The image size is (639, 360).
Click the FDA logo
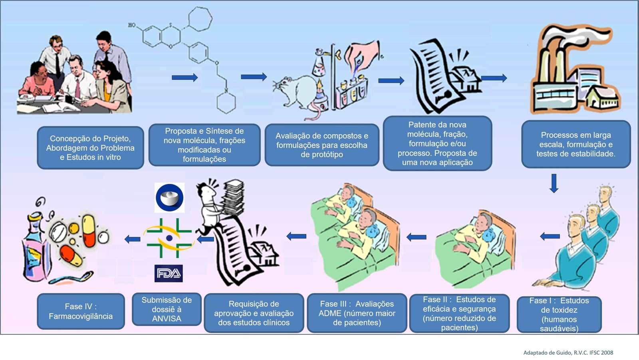169,273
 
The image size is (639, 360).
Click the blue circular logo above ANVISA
169,197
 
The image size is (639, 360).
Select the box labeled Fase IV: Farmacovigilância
81,311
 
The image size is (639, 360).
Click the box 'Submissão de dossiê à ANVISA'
167,309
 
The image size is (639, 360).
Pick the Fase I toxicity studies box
559,314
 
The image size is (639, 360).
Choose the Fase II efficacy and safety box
459,314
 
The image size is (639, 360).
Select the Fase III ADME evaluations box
357,313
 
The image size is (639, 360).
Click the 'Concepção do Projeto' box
90,148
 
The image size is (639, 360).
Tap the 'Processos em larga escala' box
575,144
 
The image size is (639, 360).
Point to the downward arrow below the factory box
554,183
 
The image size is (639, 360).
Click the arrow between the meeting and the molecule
185,78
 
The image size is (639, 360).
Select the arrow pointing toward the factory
494,78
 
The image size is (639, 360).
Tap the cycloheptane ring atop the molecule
200,19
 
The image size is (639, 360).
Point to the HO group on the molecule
132,25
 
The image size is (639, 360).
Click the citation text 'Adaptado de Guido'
568,352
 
